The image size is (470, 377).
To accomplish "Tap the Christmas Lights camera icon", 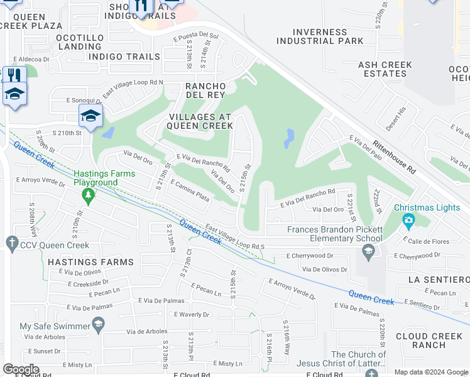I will point(409,220).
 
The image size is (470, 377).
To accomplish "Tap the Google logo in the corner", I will point(20,369).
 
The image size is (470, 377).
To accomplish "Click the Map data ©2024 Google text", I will point(431,372).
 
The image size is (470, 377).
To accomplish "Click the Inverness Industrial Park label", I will point(319,36).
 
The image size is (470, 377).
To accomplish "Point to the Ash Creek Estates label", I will point(385,69).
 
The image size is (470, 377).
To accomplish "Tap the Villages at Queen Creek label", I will point(199,121).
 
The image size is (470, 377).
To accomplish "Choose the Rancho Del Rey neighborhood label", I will point(205,90).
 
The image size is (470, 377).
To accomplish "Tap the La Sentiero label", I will point(438,279).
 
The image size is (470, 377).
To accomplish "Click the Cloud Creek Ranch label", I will point(429,341).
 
